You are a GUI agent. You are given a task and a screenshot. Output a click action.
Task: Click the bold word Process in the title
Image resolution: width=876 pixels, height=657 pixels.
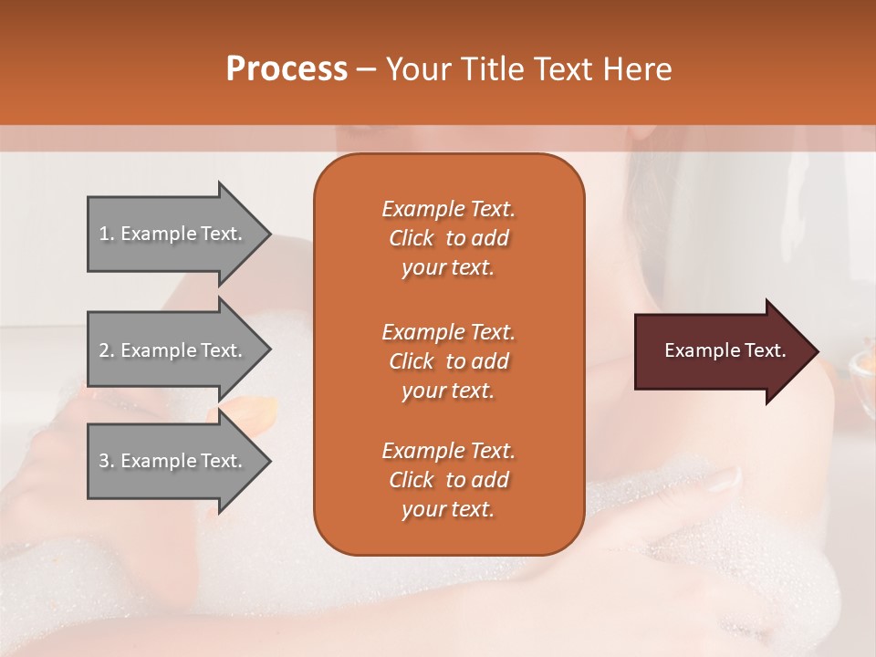point(287,68)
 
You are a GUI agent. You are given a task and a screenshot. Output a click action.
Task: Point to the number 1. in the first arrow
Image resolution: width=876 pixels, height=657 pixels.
point(107,234)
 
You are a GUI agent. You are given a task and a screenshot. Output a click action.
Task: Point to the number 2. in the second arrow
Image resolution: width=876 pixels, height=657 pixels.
point(107,350)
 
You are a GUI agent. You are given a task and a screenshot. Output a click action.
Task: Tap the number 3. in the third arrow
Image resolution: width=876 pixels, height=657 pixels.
point(107,461)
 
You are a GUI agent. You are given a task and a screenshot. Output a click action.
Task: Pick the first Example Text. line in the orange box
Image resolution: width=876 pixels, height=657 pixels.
point(448,209)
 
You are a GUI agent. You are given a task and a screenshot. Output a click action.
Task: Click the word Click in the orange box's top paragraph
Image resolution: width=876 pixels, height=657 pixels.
point(412,238)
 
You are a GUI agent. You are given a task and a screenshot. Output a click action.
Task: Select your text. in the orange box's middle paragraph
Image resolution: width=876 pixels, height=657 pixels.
point(448,391)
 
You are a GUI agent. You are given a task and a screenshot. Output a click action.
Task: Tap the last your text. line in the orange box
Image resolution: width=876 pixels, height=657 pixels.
point(448,509)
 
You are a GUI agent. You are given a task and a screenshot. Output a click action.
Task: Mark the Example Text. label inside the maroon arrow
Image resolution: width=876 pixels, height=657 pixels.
point(725,350)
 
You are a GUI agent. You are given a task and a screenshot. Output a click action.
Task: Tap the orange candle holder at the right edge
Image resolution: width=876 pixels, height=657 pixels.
point(862,366)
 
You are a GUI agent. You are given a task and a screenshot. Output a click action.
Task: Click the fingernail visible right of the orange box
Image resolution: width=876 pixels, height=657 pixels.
point(726,477)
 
